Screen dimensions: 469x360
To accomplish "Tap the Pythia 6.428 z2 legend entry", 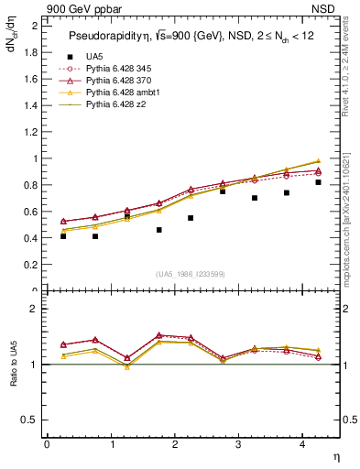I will [x=115, y=105].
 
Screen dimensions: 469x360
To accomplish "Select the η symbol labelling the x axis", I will [x=334, y=456].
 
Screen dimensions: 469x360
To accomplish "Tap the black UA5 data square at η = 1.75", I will [x=158, y=230].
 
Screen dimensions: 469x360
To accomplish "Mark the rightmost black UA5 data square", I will [x=318, y=182].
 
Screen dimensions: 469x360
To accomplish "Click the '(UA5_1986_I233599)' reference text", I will [x=192, y=274].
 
